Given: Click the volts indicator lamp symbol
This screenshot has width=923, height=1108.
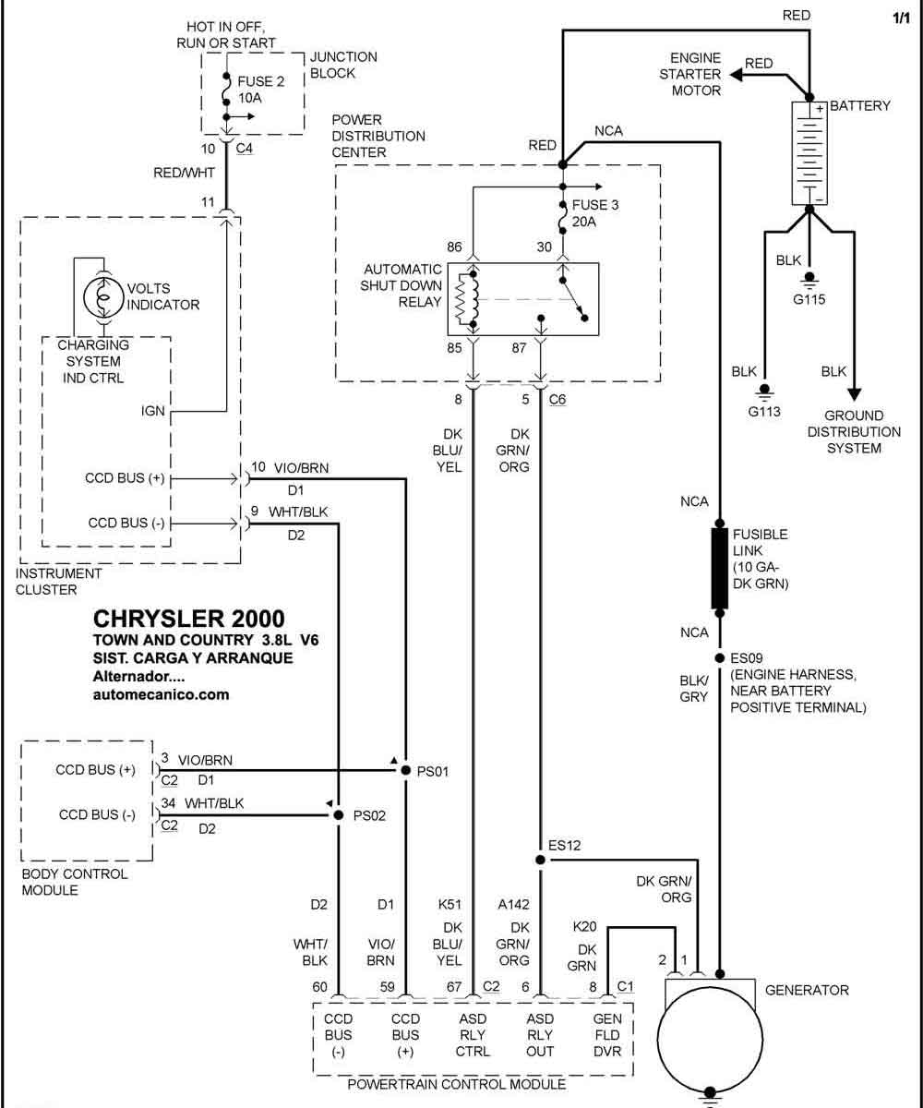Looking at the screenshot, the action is tap(104, 296).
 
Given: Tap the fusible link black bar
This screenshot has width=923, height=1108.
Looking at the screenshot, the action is tap(719, 568).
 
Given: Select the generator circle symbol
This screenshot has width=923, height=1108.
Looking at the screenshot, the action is tap(710, 1039).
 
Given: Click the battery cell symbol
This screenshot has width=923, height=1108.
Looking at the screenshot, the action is tap(809, 153).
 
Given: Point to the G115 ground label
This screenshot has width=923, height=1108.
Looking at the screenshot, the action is tap(809, 299).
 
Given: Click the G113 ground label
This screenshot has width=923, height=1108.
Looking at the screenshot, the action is tap(764, 411).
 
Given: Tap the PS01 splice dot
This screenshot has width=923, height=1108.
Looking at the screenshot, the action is tap(406, 770).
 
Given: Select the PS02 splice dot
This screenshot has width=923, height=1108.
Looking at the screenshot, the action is tap(339, 815).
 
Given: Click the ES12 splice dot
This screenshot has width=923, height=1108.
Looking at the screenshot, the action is tap(540, 860).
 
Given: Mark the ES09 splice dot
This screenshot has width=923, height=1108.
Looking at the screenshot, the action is tap(719, 658).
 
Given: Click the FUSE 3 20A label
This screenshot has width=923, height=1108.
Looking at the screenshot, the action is tap(595, 213).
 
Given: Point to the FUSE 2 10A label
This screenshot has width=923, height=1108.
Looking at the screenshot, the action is tap(260, 90).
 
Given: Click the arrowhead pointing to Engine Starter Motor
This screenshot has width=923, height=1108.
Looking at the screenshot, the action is tap(737, 76).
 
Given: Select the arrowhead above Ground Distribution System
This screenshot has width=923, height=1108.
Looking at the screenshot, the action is tap(854, 395).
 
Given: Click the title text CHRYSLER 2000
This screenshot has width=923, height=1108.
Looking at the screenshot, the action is tap(189, 619).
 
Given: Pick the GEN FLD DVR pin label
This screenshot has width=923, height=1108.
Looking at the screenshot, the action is tap(607, 1035).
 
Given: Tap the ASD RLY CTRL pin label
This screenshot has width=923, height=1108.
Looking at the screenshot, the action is tap(473, 1035).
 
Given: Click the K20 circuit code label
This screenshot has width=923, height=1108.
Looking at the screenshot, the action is tap(584, 926).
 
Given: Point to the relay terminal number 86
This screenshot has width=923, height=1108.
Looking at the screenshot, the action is tap(454, 247).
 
